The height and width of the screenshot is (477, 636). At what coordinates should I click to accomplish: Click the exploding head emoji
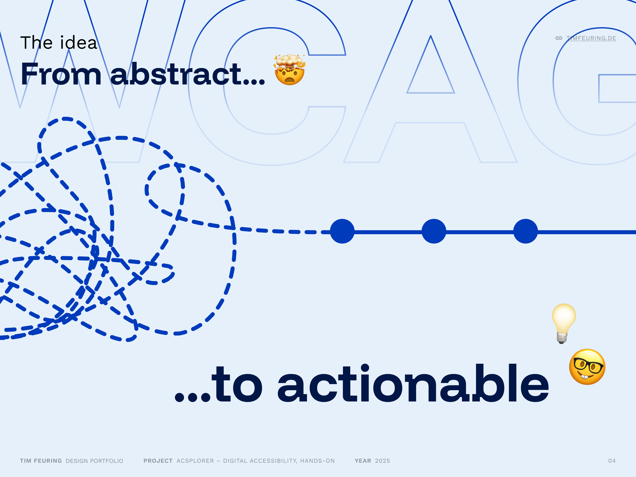tap(290, 70)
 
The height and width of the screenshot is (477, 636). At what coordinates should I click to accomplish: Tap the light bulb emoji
tap(564, 324)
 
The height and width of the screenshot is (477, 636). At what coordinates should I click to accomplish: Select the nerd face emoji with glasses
tap(587, 367)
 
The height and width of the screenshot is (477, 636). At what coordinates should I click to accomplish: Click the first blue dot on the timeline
tap(342, 231)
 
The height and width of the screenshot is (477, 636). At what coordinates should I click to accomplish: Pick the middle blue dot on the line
tap(434, 231)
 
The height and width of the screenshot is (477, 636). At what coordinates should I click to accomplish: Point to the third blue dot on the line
tap(526, 231)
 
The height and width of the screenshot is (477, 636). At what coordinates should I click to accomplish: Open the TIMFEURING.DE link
tap(591, 38)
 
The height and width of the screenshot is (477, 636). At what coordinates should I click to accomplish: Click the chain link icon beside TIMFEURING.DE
tap(559, 38)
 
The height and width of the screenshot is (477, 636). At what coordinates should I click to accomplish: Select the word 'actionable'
tap(413, 383)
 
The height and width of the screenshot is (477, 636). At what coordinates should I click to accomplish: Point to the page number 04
tap(612, 461)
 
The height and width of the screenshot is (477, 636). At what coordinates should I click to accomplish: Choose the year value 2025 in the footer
tap(382, 461)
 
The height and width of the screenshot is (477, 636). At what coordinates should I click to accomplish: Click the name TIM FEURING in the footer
tap(41, 461)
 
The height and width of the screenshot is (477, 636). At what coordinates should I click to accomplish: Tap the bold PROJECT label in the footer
tap(158, 461)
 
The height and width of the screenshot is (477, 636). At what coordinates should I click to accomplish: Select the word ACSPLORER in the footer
tap(195, 461)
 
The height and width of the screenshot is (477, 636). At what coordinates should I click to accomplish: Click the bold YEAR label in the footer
tap(363, 461)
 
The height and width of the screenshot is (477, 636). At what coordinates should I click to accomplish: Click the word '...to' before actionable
tap(219, 384)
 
